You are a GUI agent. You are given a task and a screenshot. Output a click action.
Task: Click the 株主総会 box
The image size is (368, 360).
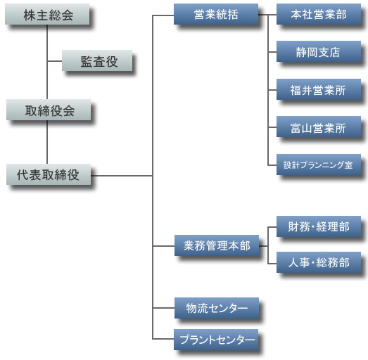pyautogui.click(x=47, y=14)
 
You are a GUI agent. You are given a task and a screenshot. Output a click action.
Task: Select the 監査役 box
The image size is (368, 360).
pyautogui.click(x=97, y=60)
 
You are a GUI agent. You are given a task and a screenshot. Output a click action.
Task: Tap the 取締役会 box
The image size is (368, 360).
pyautogui.click(x=49, y=110)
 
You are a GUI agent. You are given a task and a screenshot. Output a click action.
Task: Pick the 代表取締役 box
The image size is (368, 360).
pyautogui.click(x=49, y=174)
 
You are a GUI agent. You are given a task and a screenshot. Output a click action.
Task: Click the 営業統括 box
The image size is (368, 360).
pyautogui.click(x=216, y=14)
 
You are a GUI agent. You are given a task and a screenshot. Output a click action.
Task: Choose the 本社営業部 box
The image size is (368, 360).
pyautogui.click(x=319, y=14)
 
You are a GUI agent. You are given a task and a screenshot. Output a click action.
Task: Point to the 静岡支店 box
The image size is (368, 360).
pyautogui.click(x=319, y=51)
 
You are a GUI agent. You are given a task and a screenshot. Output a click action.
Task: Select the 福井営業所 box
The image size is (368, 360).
pyautogui.click(x=319, y=89)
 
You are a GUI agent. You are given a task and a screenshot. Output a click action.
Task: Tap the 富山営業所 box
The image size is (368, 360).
pyautogui.click(x=319, y=127)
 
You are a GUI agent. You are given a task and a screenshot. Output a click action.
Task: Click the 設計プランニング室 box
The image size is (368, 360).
pyautogui.click(x=319, y=165)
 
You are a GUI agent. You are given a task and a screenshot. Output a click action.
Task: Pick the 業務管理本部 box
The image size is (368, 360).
pyautogui.click(x=217, y=245)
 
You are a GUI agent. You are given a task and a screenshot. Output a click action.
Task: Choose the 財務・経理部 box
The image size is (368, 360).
pyautogui.click(x=319, y=226)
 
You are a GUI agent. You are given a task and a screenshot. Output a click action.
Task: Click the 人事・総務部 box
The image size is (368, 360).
pyautogui.click(x=319, y=262)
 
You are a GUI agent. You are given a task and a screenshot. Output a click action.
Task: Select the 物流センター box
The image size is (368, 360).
pyautogui.click(x=217, y=308)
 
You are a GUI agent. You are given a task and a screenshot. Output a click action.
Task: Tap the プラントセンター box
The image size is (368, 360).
pyautogui.click(x=216, y=340)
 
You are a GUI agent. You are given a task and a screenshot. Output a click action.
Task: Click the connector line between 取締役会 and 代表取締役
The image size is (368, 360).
pyautogui.click(x=47, y=142)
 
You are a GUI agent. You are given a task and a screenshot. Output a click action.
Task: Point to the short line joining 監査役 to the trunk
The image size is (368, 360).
pyautogui.click(x=55, y=61)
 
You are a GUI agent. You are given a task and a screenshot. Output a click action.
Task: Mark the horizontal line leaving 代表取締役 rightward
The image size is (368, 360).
pyautogui.click(x=122, y=175)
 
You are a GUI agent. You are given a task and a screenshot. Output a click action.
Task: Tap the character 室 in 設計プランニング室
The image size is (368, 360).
pyautogui.click(x=348, y=165)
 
